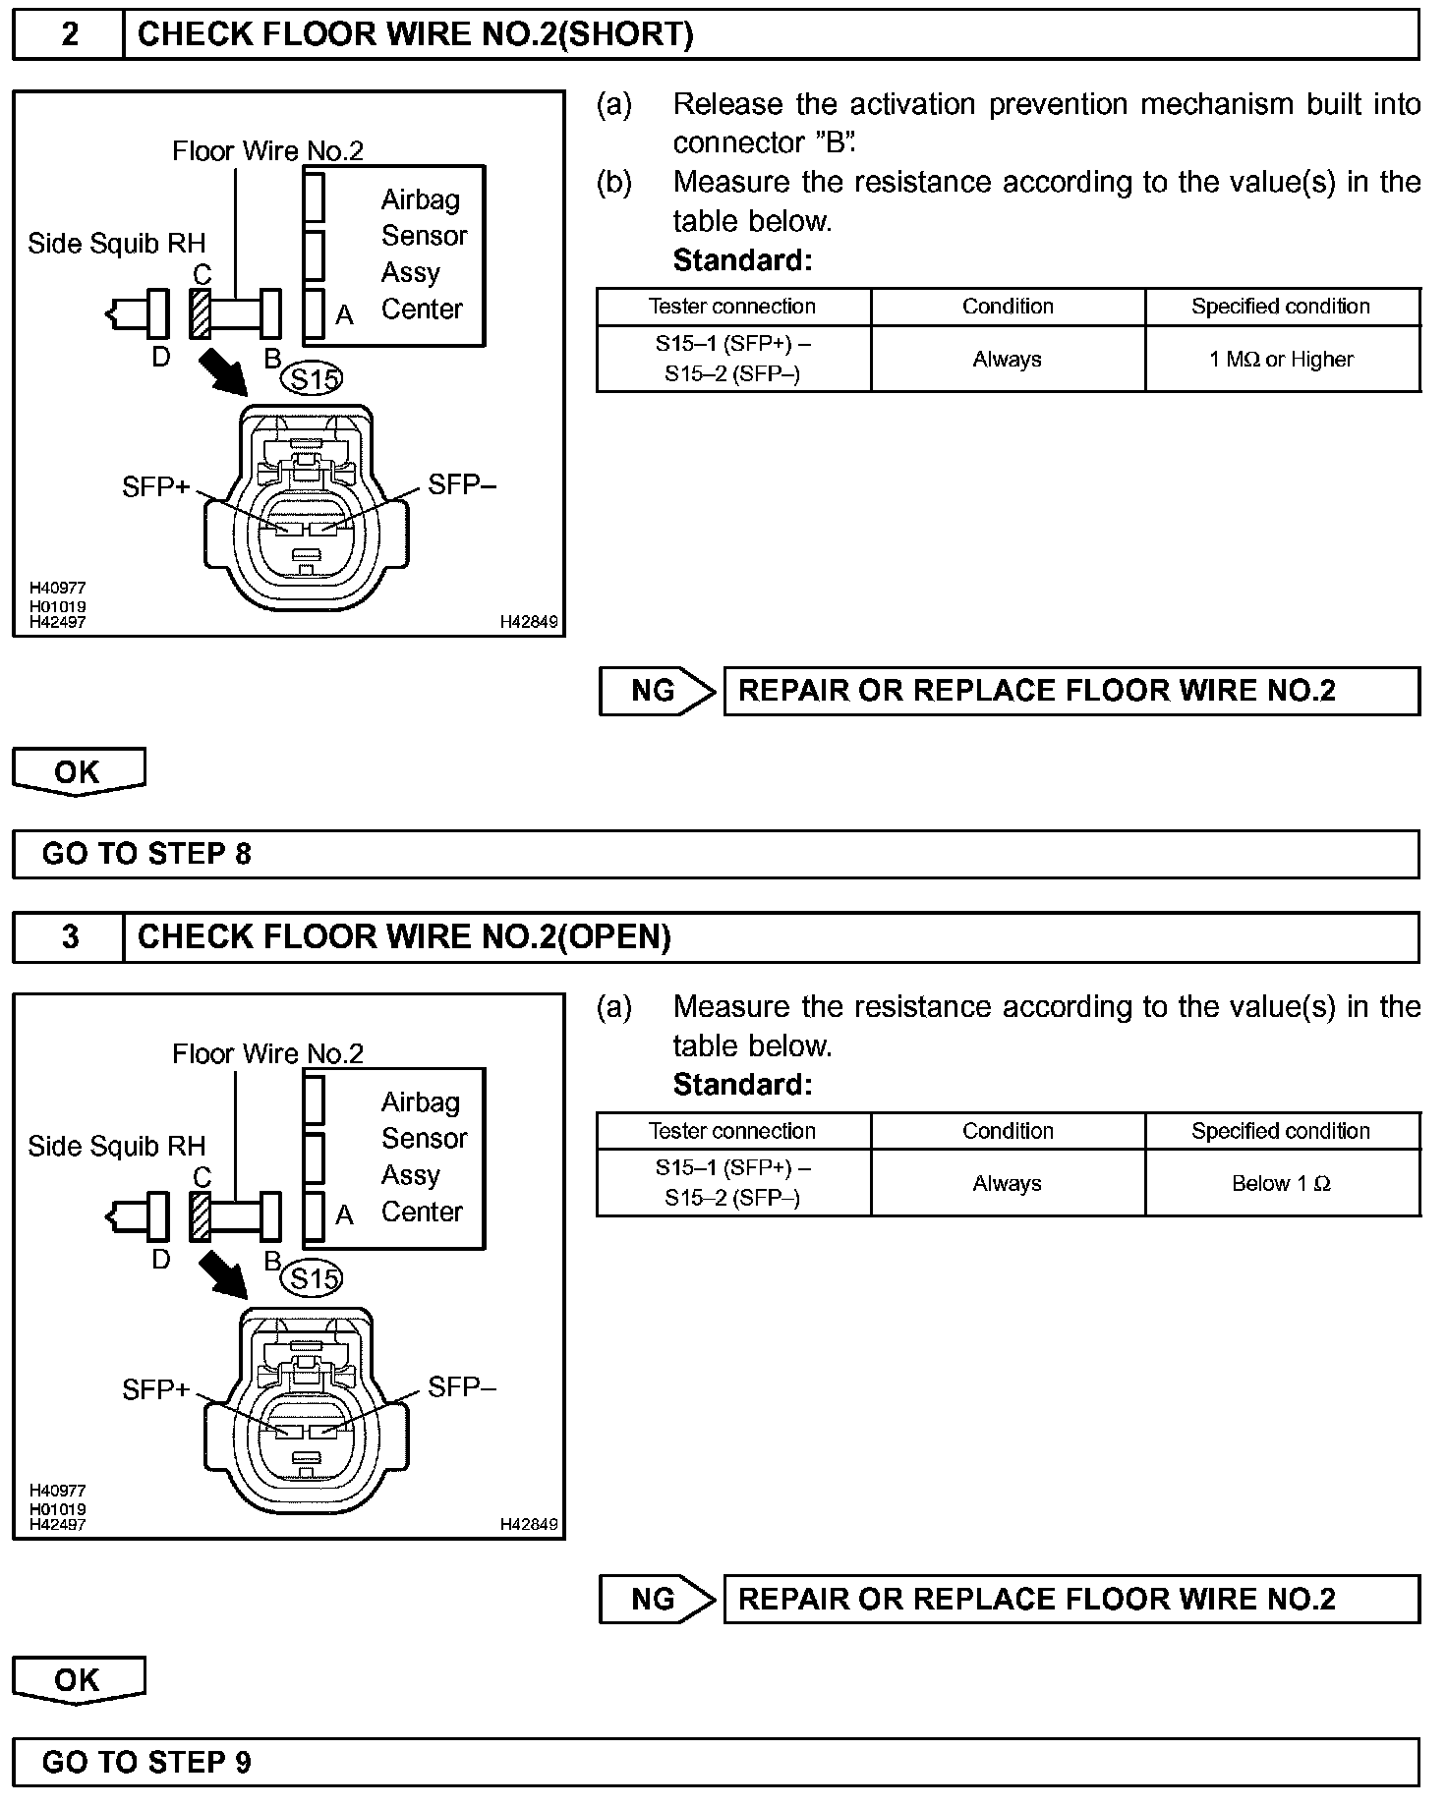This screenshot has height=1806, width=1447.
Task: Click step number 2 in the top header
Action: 69,35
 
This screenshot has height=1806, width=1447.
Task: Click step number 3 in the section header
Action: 69,937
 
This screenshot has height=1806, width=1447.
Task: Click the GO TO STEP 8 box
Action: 715,854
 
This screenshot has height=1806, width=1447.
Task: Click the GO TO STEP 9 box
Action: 715,1762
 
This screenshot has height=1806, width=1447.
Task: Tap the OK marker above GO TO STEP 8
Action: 78,771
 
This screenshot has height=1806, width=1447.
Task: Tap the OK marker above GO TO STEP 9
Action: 78,1679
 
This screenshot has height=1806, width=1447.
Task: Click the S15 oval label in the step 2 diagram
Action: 313,378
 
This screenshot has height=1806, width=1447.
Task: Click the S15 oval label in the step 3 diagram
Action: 313,1278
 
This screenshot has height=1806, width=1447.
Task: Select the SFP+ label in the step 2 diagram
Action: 155,486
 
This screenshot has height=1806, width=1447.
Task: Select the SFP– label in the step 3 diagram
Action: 462,1386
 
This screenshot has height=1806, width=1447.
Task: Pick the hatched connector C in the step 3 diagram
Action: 201,1217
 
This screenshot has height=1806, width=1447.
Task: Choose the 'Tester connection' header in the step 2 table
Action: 732,307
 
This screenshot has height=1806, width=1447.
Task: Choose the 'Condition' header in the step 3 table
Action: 1008,1131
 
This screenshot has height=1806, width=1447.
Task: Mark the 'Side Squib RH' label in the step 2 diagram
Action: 117,244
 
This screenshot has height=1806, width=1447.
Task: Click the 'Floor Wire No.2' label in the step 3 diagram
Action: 267,1054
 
